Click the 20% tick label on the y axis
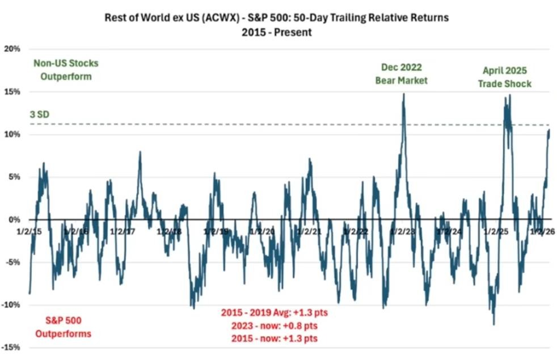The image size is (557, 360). pyautogui.click(x=12, y=49)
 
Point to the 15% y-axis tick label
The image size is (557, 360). pyautogui.click(x=12, y=91)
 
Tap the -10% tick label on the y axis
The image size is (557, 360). pyautogui.click(x=11, y=304)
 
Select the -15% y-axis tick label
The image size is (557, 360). pyautogui.click(x=11, y=347)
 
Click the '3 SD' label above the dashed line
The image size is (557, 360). pyautogui.click(x=39, y=115)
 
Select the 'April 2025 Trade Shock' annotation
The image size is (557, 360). pyautogui.click(x=507, y=77)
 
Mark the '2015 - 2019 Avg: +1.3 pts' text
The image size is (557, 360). pyautogui.click(x=274, y=313)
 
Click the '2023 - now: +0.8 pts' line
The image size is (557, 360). pyautogui.click(x=275, y=326)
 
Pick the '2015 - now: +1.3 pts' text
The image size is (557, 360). pyautogui.click(x=275, y=339)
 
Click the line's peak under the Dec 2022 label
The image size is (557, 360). pyautogui.click(x=403, y=94)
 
